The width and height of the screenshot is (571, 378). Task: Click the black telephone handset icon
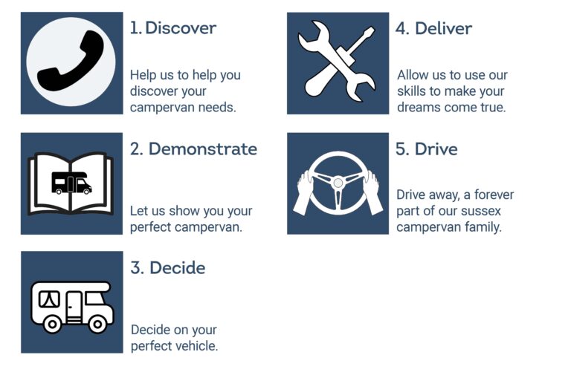(x=71, y=61)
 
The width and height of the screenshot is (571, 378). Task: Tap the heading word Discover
(x=181, y=28)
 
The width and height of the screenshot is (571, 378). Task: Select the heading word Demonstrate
(x=203, y=149)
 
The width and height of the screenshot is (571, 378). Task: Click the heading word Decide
(x=178, y=268)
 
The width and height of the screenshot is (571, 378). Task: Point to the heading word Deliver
(x=444, y=28)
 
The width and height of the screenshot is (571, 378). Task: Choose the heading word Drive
(x=436, y=149)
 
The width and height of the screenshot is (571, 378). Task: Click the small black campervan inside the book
(x=71, y=183)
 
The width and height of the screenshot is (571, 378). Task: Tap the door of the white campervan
(x=74, y=307)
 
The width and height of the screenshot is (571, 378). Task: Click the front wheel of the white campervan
(x=97, y=324)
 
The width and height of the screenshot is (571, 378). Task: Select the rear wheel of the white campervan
(x=52, y=324)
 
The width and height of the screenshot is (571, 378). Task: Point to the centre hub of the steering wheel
(x=338, y=183)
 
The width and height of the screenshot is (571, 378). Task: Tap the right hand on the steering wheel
(x=373, y=193)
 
